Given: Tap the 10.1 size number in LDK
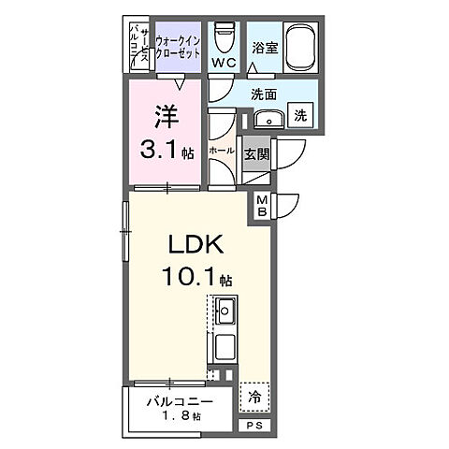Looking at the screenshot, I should [194, 279].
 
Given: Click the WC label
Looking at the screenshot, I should [222, 64].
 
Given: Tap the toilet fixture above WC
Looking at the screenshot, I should [223, 36].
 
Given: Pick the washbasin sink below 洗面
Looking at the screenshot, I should [268, 119].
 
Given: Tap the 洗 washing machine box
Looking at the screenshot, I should [302, 116].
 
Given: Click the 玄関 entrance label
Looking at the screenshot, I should [256, 152].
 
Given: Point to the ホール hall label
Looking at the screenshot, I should [221, 150].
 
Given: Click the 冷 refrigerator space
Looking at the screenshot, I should [254, 397].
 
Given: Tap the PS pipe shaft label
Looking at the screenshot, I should [253, 425].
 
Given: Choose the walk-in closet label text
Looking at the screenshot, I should [178, 47].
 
